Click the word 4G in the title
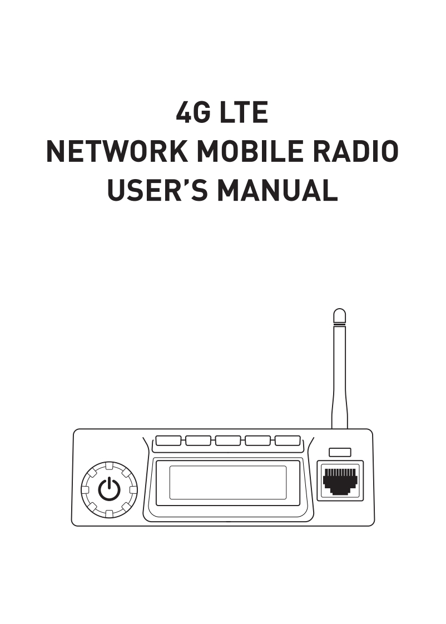click(x=193, y=113)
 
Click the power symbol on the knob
click(x=109, y=489)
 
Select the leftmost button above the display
click(x=168, y=441)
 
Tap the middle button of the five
click(x=228, y=441)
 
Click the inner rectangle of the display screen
click(x=227, y=482)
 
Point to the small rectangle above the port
click(x=340, y=452)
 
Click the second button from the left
click(x=198, y=441)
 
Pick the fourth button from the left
click(x=258, y=441)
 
